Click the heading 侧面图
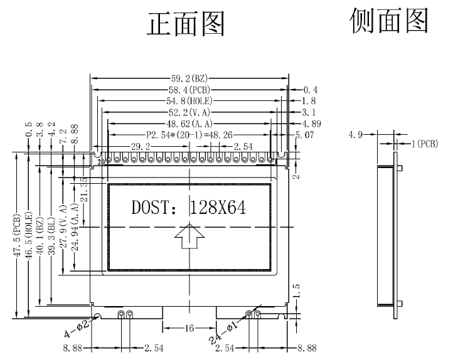pos(389,21)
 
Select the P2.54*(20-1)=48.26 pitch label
pos(189,134)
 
